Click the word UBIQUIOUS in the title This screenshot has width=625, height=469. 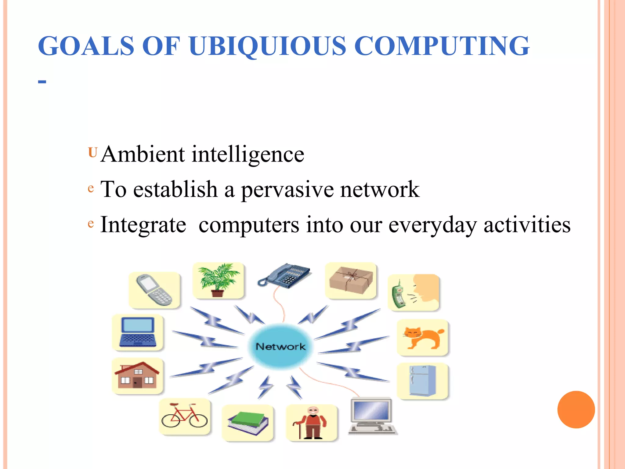click(267, 46)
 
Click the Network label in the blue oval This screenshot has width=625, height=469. click(280, 347)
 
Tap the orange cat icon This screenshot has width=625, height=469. click(423, 337)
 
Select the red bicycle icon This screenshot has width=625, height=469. click(184, 416)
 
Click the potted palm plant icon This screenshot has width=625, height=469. click(218, 280)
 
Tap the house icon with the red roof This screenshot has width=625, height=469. click(138, 375)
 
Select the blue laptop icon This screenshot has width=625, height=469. click(138, 332)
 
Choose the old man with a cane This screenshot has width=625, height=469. click(312, 423)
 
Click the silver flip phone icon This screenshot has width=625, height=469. click(154, 290)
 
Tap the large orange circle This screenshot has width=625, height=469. click(576, 409)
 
